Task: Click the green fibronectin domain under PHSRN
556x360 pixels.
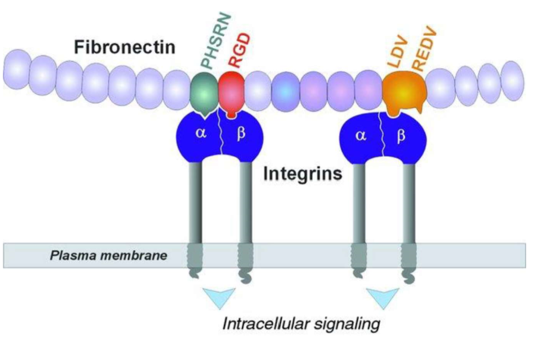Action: (x=203, y=92)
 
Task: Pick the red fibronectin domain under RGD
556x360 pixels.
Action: (x=232, y=91)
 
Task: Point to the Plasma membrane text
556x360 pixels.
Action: (x=109, y=255)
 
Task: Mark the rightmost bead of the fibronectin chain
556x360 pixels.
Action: (x=511, y=77)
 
